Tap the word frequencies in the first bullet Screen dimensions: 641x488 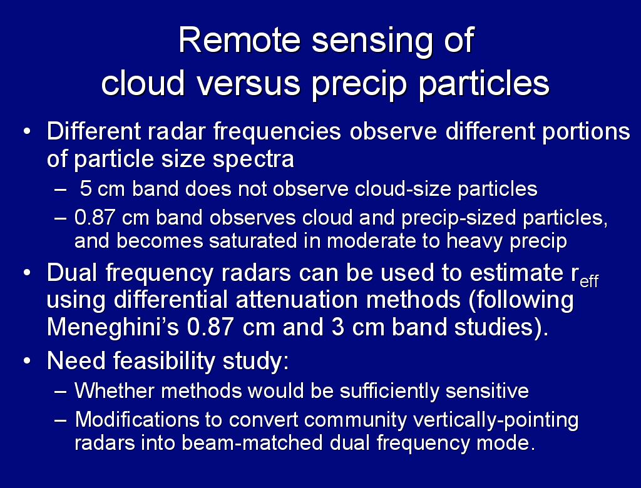click(x=277, y=133)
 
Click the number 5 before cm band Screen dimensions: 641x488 click(x=85, y=189)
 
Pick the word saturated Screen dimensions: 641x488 click(x=253, y=240)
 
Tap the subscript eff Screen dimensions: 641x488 click(x=589, y=282)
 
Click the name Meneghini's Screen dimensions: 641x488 click(x=113, y=327)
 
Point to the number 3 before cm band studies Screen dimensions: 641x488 click(x=338, y=327)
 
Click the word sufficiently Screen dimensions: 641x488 click(x=389, y=391)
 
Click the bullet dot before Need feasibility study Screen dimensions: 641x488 click(x=27, y=361)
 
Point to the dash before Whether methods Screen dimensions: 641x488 click(x=61, y=392)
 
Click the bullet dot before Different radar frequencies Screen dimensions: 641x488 click(x=27, y=132)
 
